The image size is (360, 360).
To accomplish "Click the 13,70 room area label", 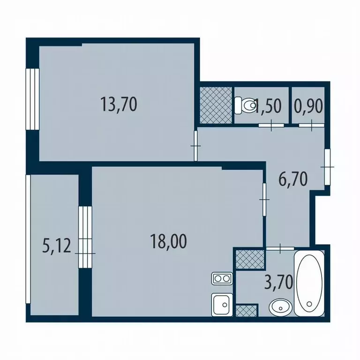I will point(119,104).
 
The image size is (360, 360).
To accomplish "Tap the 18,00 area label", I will point(168,241).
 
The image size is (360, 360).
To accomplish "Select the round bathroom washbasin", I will point(280,307).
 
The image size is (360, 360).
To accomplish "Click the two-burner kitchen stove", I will point(221,279).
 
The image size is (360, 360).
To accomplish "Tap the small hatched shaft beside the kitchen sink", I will point(247,310).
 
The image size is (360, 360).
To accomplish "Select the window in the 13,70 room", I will point(32,98).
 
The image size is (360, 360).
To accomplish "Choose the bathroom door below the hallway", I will point(280,247).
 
